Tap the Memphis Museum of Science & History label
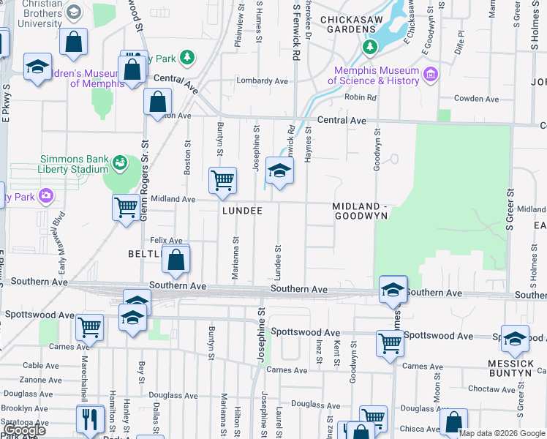pos(376,75)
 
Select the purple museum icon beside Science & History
pos(430,75)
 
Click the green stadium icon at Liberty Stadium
pos(120,162)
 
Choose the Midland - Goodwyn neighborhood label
pos(359,211)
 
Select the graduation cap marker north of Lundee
pos(279,172)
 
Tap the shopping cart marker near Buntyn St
pos(223,180)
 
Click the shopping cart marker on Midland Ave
pos(126,207)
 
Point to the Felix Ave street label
pos(165,240)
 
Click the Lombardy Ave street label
pos(261,81)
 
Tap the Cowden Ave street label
pos(475,99)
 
